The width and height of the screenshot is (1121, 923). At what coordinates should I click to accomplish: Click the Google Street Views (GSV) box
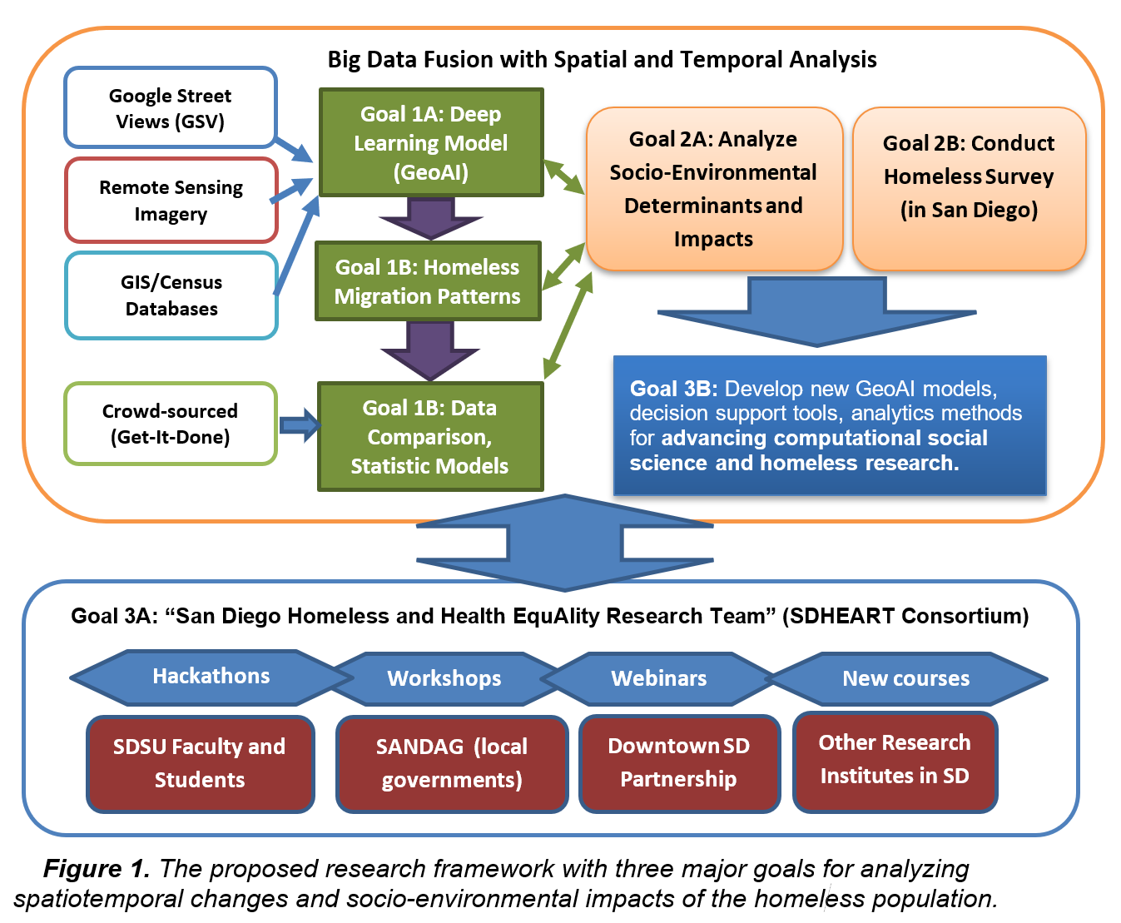(171, 108)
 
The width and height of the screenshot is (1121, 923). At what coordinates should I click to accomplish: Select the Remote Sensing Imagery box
(171, 201)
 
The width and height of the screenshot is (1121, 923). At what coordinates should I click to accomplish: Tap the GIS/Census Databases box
(171, 295)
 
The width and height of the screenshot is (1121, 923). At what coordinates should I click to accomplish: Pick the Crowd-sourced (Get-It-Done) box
(171, 424)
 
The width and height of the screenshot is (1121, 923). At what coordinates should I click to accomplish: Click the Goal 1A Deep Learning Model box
(431, 142)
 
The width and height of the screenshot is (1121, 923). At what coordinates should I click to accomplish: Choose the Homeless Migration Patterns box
(428, 281)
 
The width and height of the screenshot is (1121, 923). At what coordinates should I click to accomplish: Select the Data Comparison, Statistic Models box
(430, 437)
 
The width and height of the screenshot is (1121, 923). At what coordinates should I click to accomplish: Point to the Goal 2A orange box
(714, 189)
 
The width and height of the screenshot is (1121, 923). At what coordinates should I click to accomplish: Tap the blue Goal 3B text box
(829, 425)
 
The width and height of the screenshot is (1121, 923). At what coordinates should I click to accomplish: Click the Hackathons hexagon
(211, 677)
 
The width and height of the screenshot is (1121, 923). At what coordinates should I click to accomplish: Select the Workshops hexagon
(444, 679)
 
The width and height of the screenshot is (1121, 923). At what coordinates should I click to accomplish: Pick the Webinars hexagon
(659, 679)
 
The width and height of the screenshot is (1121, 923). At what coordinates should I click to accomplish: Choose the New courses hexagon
(906, 679)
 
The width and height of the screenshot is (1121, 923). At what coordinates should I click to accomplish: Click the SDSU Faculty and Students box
(200, 763)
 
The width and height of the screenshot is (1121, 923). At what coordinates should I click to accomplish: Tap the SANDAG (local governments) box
(452, 763)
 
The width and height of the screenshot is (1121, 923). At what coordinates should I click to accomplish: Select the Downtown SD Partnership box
(679, 762)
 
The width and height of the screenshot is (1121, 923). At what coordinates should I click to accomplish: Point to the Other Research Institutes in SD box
(895, 760)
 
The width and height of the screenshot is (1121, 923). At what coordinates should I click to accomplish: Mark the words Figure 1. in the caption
(97, 869)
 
